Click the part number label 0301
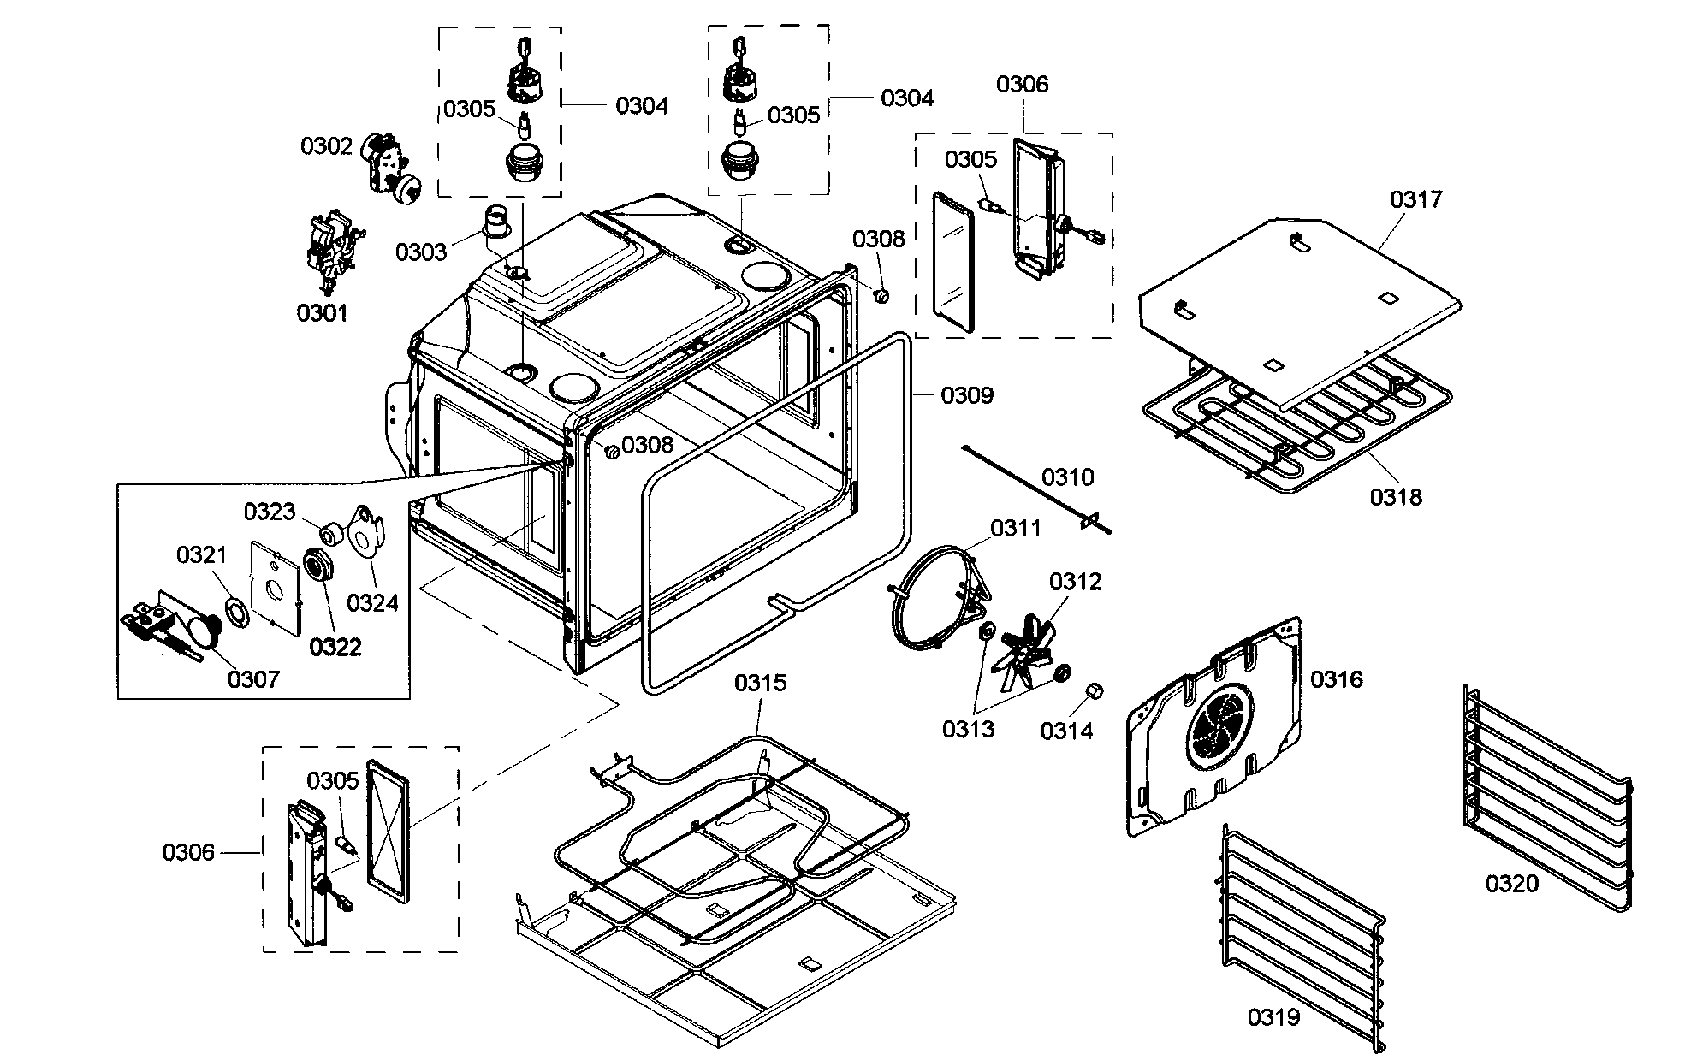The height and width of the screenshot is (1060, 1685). click(x=322, y=313)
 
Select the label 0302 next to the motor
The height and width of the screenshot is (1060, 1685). click(x=325, y=146)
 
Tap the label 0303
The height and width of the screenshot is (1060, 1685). click(x=420, y=252)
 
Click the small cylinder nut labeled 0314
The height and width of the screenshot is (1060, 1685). click(x=1093, y=691)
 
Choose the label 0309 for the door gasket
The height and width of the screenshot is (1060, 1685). click(x=967, y=395)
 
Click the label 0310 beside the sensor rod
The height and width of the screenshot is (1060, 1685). click(x=1067, y=477)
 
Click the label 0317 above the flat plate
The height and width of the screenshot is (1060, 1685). click(x=1415, y=199)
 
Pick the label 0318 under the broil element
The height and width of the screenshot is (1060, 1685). click(x=1396, y=496)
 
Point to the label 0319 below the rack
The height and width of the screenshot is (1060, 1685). click(x=1273, y=1017)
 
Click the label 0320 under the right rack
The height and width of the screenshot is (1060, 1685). click(x=1511, y=883)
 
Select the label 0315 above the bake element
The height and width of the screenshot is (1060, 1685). click(x=760, y=683)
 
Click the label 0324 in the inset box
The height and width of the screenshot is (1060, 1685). click(x=372, y=603)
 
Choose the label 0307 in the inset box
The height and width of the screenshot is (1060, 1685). click(x=253, y=679)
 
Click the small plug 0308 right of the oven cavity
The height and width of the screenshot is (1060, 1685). click(x=881, y=296)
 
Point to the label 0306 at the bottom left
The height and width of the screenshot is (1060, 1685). click(x=188, y=852)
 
